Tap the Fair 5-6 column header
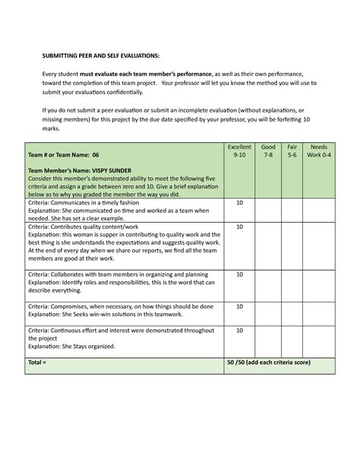pos(292,150)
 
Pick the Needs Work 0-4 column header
pos(319,150)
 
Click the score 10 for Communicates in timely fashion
pos(239,204)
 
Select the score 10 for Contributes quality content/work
pos(239,227)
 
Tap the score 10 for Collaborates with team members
pos(239,274)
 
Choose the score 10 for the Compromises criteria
pos(239,306)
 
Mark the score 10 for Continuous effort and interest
pos(239,331)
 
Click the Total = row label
pos(38,363)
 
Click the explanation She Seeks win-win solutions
pos(103,314)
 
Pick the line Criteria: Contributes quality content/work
pos(84,227)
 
